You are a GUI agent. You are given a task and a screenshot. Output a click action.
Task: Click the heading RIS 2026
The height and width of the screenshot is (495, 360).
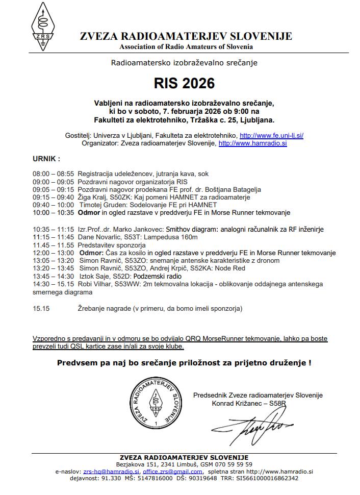[x=185, y=83]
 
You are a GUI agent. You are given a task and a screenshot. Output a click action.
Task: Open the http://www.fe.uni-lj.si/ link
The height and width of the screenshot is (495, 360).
[x=271, y=135]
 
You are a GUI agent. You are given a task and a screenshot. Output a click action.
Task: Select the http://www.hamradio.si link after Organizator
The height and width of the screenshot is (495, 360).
[x=252, y=144]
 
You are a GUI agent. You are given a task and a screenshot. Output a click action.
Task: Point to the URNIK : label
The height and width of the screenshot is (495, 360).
[x=46, y=159]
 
